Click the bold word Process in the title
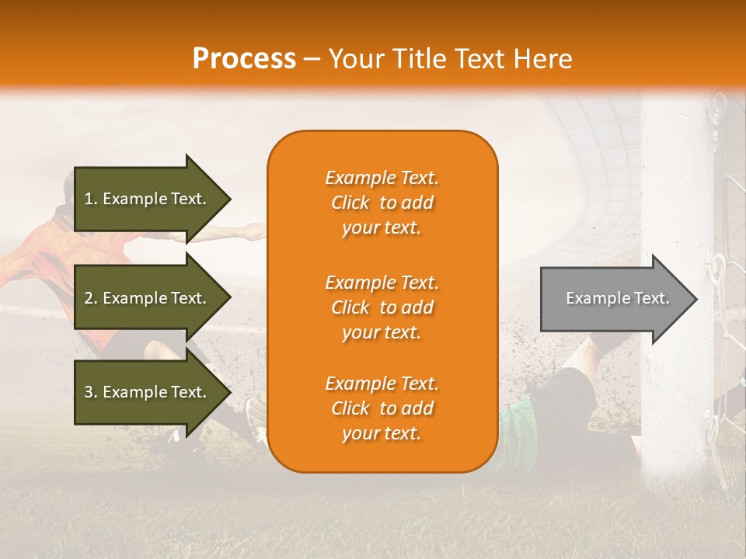244,59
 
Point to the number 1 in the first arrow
89,199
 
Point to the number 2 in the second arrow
89,298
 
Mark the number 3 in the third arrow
89,392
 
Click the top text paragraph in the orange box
382,203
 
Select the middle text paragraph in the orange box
382,307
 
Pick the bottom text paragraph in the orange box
382,408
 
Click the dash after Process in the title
312,59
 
